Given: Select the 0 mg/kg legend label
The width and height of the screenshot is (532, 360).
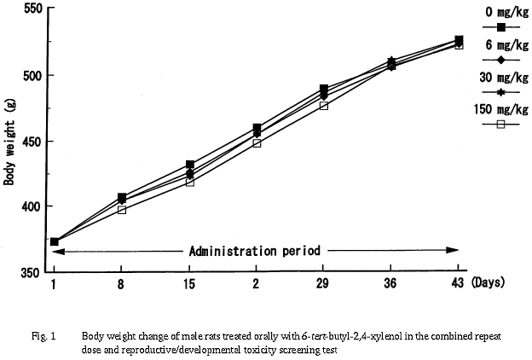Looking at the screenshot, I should (501, 11).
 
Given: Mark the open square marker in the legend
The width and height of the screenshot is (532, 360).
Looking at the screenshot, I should (501, 125).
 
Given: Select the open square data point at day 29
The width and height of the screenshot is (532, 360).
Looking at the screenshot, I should (323, 105).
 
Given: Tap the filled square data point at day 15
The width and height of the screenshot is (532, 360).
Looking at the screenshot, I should (189, 164).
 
